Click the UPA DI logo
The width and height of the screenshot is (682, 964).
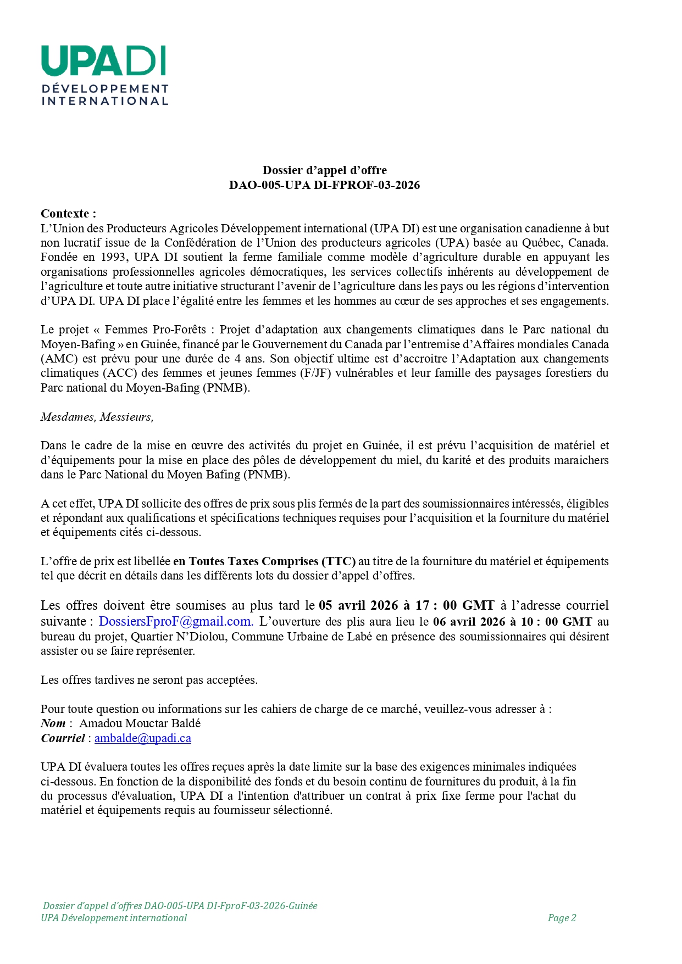(x=104, y=75)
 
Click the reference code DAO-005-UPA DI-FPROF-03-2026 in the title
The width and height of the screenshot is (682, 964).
(x=324, y=185)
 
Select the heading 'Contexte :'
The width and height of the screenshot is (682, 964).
(x=68, y=214)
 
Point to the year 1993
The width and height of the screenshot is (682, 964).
(x=113, y=257)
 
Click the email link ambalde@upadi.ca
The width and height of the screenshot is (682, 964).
(x=143, y=738)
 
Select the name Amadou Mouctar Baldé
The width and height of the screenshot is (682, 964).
(x=140, y=723)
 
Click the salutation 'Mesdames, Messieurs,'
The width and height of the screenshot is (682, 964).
(x=97, y=417)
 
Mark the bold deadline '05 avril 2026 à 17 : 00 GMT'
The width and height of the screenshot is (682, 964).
(x=406, y=605)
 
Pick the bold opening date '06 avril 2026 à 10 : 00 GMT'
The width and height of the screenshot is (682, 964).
(x=512, y=622)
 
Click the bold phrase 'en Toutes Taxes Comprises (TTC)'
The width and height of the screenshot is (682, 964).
(x=264, y=561)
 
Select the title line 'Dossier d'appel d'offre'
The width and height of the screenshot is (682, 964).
(x=324, y=170)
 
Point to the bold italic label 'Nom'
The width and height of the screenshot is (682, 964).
(x=53, y=723)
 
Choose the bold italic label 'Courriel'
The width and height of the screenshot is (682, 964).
(x=63, y=738)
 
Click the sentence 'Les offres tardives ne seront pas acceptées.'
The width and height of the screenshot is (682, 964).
(x=149, y=680)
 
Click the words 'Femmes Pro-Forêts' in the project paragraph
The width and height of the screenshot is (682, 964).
(x=156, y=330)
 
